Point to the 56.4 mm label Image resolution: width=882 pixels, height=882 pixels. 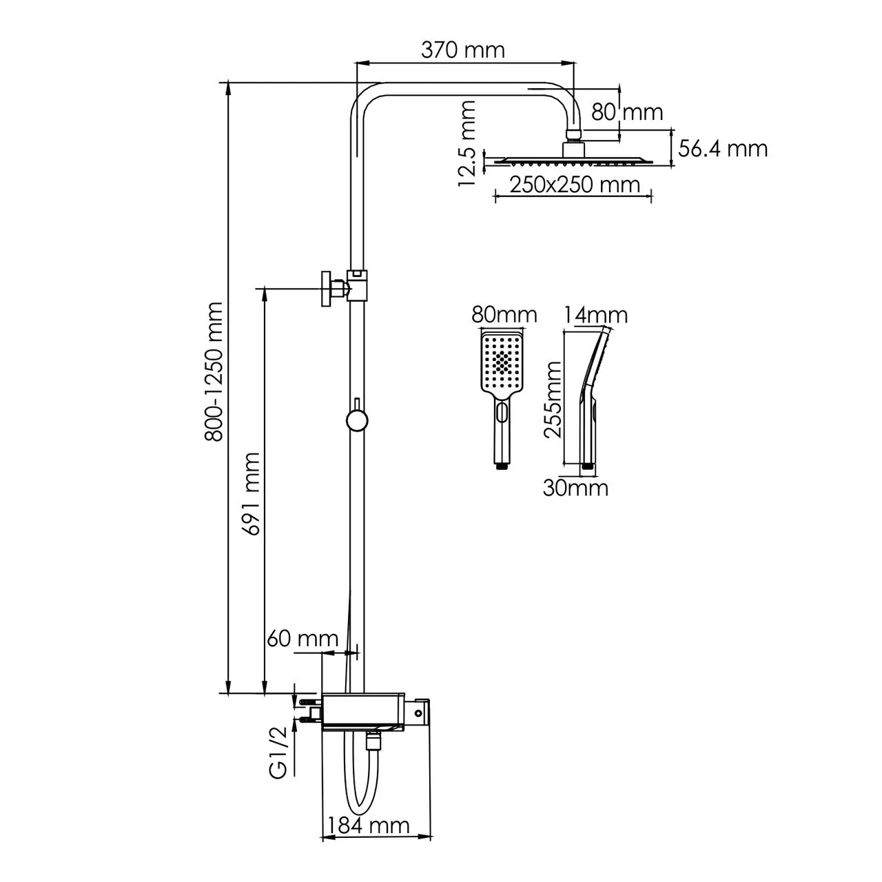click(723, 149)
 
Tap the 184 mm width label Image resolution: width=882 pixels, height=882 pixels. click(369, 825)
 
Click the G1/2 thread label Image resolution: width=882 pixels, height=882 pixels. click(278, 757)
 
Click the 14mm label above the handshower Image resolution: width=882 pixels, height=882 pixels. click(595, 316)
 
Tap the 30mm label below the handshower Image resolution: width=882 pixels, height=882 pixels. click(575, 488)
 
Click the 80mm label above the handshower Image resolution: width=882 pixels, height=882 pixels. click(504, 315)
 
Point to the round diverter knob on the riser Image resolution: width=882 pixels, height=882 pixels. click(356, 420)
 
